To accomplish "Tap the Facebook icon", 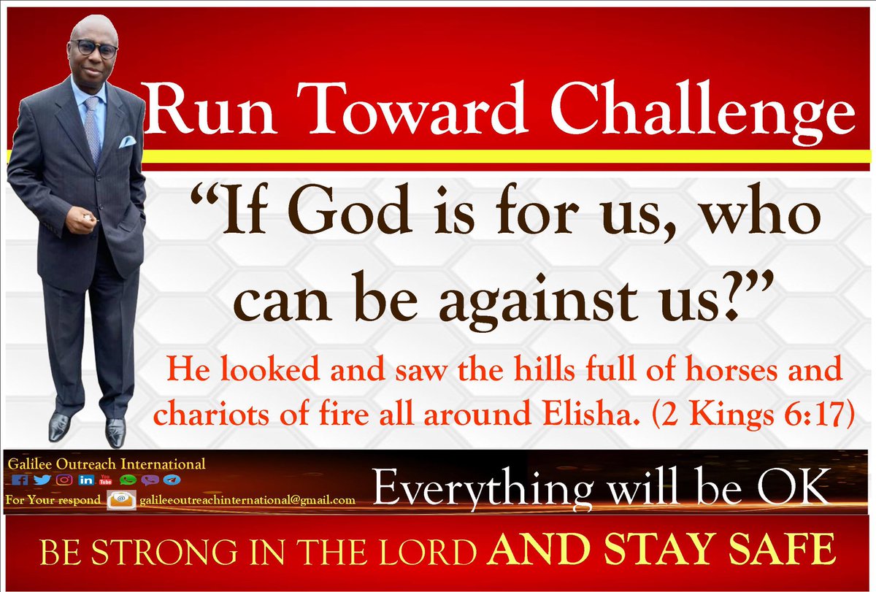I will pos(20,480).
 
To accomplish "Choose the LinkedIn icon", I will pos(85,480).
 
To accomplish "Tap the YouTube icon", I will pos(104,480).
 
